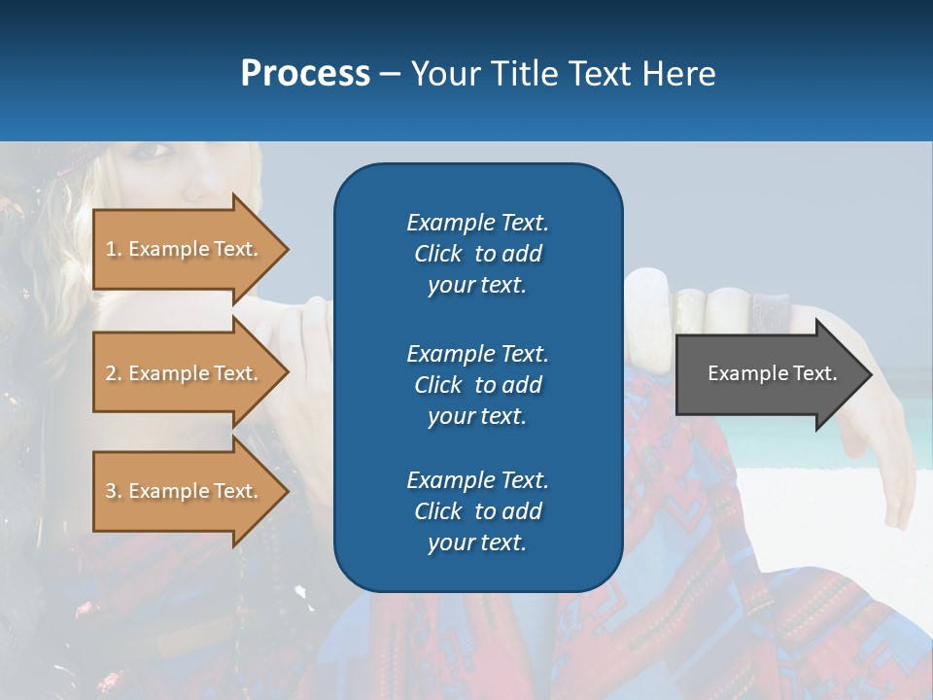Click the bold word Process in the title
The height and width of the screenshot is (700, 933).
tap(305, 74)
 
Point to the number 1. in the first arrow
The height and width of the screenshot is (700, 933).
tap(114, 249)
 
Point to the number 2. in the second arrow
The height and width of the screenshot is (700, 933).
tap(114, 373)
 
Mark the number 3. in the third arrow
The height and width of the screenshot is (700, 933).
tap(114, 491)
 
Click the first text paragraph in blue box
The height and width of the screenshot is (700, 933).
tap(477, 254)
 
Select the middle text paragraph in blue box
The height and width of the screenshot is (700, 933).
tap(477, 385)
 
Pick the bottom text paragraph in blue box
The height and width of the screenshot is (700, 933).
tap(477, 511)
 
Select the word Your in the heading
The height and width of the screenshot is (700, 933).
tap(443, 74)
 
